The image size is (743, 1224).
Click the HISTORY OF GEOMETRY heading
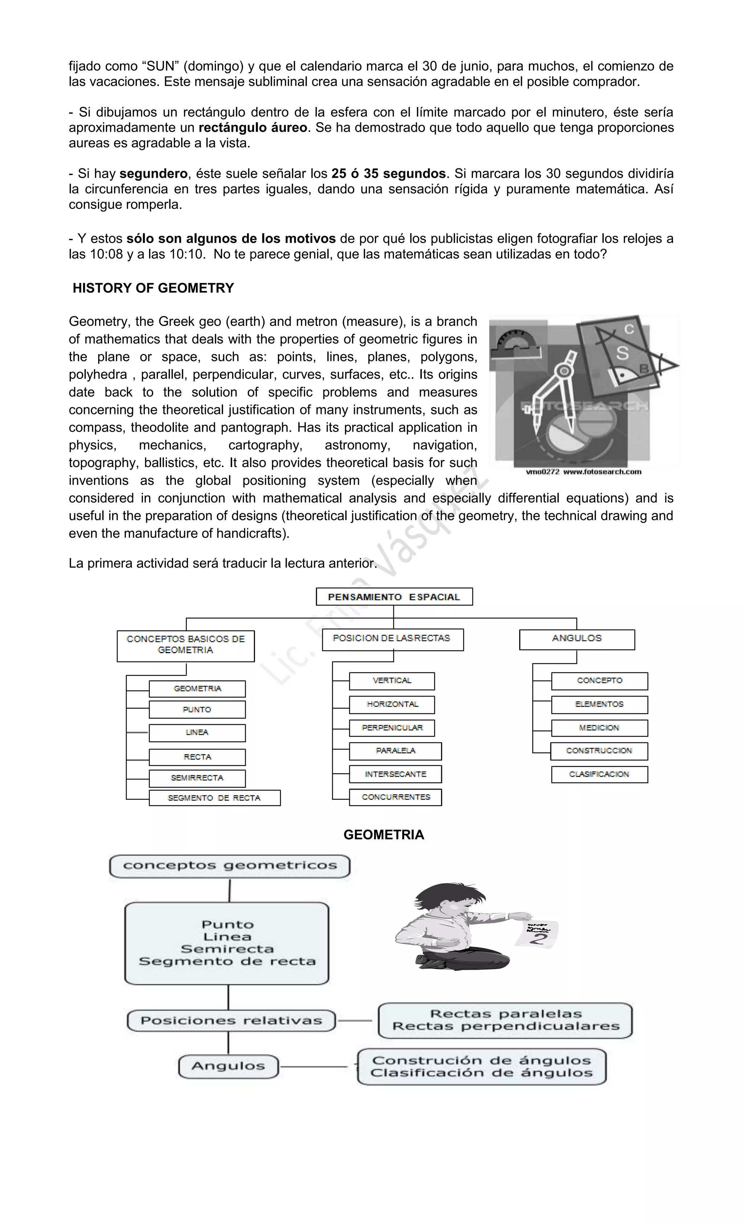click(153, 288)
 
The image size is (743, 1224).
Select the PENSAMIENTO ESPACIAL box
click(394, 597)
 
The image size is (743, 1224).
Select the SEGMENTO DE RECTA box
click(214, 798)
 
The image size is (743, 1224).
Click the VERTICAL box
click(392, 680)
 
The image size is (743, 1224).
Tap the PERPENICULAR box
click(392, 728)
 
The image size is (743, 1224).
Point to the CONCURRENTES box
click(395, 797)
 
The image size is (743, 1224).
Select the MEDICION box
click(599, 728)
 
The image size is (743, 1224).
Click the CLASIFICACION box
click(599, 774)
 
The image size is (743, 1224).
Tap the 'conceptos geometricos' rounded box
click(229, 866)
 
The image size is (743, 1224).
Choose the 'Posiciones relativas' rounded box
click(231, 1021)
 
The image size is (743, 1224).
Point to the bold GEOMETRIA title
click(384, 835)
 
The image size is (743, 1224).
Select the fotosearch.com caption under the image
click(584, 472)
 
